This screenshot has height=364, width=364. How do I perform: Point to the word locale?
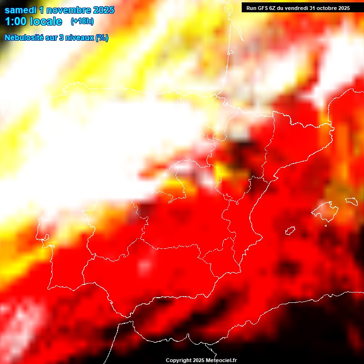[45, 21]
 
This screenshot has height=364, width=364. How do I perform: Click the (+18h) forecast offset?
[82, 21]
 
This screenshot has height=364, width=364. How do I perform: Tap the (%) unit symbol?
[102, 38]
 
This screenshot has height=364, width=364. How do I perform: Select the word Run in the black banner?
[251, 8]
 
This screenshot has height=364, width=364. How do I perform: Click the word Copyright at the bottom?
[178, 361]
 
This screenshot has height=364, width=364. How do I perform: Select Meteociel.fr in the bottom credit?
[221, 361]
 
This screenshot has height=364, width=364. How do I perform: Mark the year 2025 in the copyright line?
[199, 361]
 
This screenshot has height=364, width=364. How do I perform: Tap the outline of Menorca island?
[351, 201]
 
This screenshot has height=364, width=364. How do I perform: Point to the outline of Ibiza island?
[290, 231]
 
